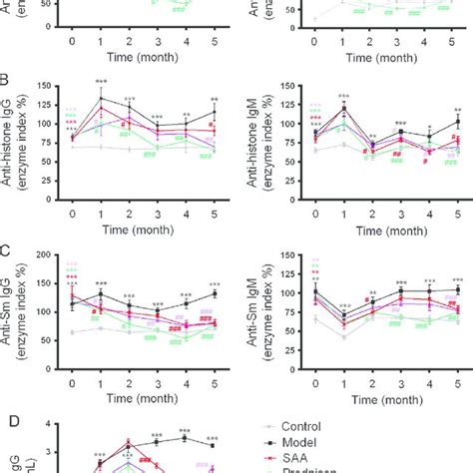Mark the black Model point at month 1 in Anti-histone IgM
point(344,109)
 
